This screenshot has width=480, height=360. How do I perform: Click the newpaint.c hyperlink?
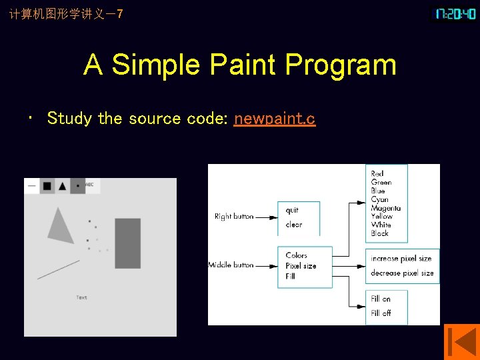[275, 119]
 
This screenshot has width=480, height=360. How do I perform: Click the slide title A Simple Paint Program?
[240, 65]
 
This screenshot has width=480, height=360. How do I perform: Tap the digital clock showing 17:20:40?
[455, 13]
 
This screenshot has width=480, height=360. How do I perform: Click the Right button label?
[234, 217]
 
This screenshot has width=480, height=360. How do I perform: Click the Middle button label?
[231, 265]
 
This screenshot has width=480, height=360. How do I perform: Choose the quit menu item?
[292, 210]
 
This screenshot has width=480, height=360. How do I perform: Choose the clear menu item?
[294, 225]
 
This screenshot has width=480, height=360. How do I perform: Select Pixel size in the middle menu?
[301, 265]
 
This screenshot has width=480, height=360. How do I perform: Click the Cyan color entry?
[380, 199]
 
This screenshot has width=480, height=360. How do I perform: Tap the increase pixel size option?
[401, 259]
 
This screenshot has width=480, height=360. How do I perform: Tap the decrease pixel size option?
[402, 273]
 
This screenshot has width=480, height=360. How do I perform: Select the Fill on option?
[381, 299]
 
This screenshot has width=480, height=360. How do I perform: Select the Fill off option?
[381, 313]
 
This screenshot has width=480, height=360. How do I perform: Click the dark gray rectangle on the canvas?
[127, 243]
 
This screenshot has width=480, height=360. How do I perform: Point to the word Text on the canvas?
[81, 297]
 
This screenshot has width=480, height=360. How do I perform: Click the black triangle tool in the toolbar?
[63, 186]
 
